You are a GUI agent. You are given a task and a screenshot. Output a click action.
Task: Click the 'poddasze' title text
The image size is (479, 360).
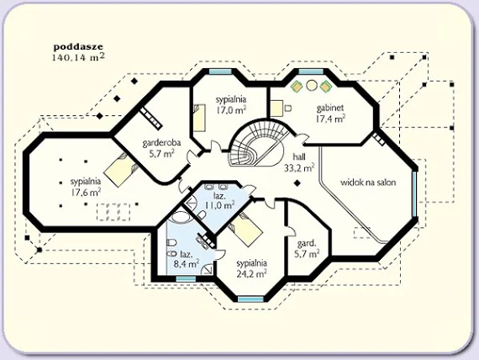click(78, 47)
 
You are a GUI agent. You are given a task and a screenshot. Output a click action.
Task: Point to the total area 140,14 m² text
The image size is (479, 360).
click(78, 57)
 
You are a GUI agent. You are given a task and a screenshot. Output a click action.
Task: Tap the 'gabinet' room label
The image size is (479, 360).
click(330, 109)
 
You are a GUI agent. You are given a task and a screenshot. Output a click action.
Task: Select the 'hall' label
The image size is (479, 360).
click(299, 157)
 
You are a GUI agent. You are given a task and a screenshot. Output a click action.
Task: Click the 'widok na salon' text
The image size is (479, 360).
click(368, 183)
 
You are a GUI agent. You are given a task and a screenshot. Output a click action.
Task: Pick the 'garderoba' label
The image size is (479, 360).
click(161, 143)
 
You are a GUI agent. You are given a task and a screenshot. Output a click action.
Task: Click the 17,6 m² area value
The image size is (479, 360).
click(86, 192)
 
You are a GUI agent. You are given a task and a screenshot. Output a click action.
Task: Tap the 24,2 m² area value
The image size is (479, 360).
click(252, 273)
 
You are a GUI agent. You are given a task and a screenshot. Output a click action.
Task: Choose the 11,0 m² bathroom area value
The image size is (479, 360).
click(219, 205)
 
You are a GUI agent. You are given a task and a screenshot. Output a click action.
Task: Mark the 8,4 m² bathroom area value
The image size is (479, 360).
click(187, 263)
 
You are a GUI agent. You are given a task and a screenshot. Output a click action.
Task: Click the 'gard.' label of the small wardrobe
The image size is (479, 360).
click(307, 244)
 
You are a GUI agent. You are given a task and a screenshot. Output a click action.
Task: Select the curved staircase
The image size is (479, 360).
click(259, 142)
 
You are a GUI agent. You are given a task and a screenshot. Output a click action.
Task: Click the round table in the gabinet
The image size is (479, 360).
click(311, 85)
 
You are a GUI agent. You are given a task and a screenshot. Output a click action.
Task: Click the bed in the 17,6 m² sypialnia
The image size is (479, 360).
click(121, 168)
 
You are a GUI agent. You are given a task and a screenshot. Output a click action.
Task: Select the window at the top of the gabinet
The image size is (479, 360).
click(311, 71)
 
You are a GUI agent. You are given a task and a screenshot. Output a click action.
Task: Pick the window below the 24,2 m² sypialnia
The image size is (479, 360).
click(250, 299)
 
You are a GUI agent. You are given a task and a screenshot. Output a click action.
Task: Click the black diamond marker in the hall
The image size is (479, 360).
click(297, 183)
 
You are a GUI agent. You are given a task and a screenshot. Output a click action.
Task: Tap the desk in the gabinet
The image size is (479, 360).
click(277, 108)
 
